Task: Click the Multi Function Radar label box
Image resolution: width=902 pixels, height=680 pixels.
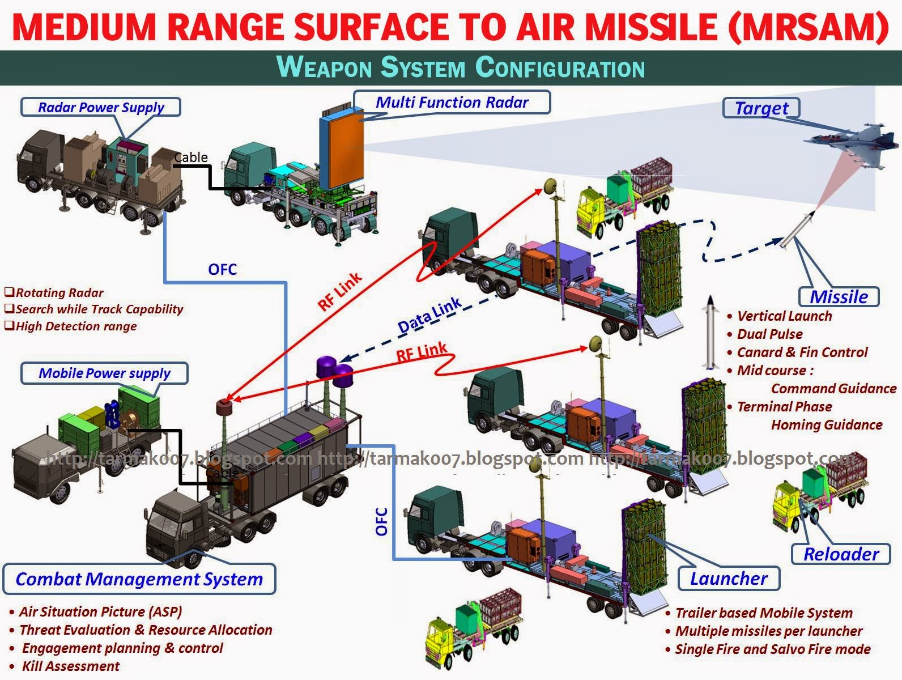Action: (x=452, y=103)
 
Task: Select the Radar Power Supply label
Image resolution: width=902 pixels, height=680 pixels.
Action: (x=101, y=107)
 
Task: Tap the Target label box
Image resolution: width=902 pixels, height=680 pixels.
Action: (x=761, y=108)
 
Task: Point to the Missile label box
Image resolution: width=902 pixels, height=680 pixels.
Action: (x=839, y=296)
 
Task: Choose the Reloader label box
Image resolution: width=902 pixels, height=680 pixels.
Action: (x=841, y=554)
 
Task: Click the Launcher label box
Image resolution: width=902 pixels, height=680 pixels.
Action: (x=729, y=579)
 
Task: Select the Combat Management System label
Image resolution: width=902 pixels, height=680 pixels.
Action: (x=139, y=579)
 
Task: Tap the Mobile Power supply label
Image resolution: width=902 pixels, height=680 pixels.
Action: (x=104, y=373)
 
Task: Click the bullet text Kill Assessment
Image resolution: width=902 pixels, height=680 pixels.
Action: (x=70, y=666)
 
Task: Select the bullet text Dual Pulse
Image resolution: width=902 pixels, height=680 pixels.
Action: (x=769, y=334)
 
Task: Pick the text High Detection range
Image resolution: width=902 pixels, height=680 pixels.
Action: (x=76, y=326)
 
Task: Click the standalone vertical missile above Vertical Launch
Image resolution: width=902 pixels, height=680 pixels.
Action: (x=709, y=333)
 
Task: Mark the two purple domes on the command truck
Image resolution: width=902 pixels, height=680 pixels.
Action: (x=335, y=371)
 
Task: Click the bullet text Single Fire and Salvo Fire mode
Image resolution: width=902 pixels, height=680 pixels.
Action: (x=772, y=649)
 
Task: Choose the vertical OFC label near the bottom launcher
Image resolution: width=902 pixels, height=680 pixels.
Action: (x=382, y=521)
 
